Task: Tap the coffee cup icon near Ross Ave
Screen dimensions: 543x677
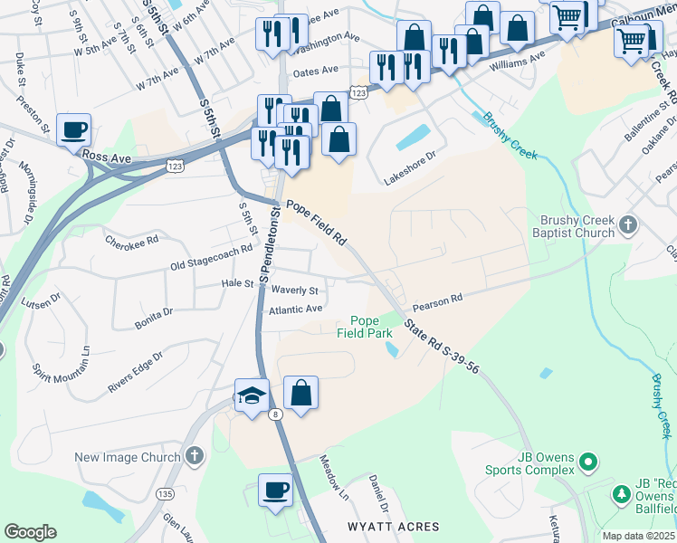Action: [x=73, y=129]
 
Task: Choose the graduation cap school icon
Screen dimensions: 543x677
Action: [x=251, y=395]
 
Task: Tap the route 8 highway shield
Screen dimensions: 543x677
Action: [x=276, y=414]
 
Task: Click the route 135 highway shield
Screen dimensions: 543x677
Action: [x=164, y=494]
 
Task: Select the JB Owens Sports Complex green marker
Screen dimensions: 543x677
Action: [x=590, y=462]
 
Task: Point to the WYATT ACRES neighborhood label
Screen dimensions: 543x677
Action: [x=394, y=527]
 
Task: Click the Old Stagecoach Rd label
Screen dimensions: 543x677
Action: [x=211, y=258]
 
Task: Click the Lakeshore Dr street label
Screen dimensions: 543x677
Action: [x=410, y=168]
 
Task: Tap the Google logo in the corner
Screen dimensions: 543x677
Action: [x=30, y=532]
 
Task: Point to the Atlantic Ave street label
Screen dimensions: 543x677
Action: [x=296, y=310]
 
